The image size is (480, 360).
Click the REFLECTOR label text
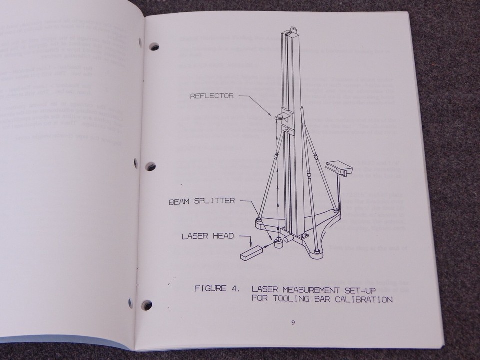[211, 96]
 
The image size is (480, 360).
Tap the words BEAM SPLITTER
[201, 201]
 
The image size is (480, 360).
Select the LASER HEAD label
[207, 235]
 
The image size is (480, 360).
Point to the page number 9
[293, 322]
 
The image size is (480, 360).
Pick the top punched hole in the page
[154, 47]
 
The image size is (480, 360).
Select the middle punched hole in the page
[150, 166]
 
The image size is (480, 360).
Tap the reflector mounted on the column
[280, 116]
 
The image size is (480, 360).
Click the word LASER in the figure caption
[264, 289]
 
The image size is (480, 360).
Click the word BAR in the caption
[319, 299]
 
